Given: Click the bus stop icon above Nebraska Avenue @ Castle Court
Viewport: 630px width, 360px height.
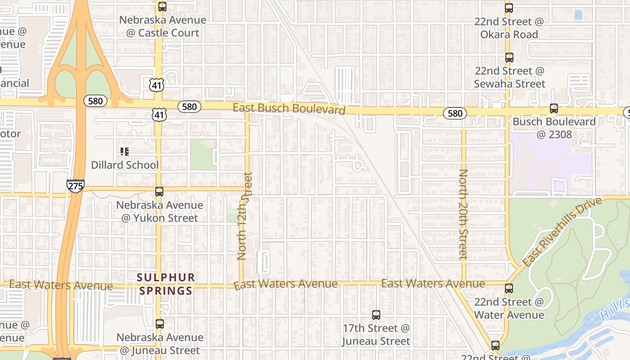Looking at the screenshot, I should pyautogui.click(x=162, y=7).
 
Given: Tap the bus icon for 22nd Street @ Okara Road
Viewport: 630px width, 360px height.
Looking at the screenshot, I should pyautogui.click(x=509, y=8).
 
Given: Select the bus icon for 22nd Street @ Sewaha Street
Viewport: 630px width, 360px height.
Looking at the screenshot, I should pyautogui.click(x=509, y=58).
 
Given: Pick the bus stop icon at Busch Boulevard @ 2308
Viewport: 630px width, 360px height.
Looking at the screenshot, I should pyautogui.click(x=554, y=108).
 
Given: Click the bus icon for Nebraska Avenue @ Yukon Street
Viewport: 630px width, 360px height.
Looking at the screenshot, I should pyautogui.click(x=159, y=192).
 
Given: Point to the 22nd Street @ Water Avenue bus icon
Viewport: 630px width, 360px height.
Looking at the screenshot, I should pyautogui.click(x=509, y=288).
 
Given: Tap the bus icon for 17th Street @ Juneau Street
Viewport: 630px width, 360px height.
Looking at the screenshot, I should pyautogui.click(x=376, y=315).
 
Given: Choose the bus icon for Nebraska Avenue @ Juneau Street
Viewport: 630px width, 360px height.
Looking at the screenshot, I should pyautogui.click(x=159, y=324).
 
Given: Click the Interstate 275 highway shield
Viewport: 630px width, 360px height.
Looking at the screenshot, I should pyautogui.click(x=75, y=186).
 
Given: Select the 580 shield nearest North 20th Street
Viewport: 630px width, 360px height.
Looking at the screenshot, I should pyautogui.click(x=454, y=113).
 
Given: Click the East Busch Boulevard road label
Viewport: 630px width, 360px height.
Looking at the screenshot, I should pyautogui.click(x=289, y=108).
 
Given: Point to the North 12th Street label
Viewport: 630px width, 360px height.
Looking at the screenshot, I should pyautogui.click(x=243, y=216).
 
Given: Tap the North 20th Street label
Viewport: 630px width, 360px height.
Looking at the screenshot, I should pyautogui.click(x=463, y=214).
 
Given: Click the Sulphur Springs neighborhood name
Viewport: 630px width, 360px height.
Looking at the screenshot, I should pyautogui.click(x=166, y=284).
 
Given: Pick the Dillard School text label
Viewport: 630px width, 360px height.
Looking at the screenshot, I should pyautogui.click(x=125, y=165).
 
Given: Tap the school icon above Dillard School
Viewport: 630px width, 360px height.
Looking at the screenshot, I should pyautogui.click(x=125, y=152).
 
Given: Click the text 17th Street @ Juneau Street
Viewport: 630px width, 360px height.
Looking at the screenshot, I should pyautogui.click(x=376, y=334).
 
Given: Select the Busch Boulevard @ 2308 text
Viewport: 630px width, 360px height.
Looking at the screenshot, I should pyautogui.click(x=554, y=128).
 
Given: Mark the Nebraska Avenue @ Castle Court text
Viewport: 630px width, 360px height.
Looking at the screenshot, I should pyautogui.click(x=162, y=26).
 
